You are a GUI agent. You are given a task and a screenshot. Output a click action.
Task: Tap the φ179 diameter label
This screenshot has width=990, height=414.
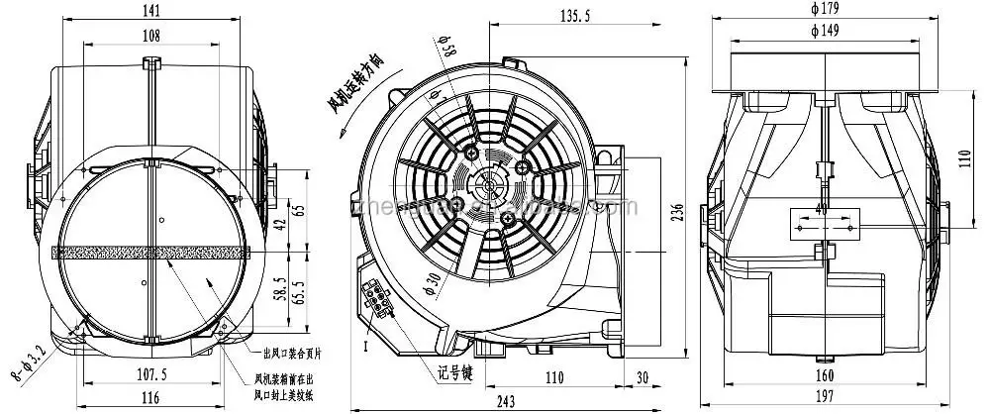824,9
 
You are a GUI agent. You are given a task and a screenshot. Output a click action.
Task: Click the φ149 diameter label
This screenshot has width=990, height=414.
824,31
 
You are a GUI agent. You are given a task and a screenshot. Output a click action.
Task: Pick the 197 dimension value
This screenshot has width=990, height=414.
824,397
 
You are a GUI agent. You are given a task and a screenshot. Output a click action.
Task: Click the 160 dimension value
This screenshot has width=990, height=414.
824,376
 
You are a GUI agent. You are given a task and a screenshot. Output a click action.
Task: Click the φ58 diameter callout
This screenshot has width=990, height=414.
446,50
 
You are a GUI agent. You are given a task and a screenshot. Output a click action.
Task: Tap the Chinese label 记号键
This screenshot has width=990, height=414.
457,372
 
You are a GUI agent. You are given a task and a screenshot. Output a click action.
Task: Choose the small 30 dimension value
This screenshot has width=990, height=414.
643,377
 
